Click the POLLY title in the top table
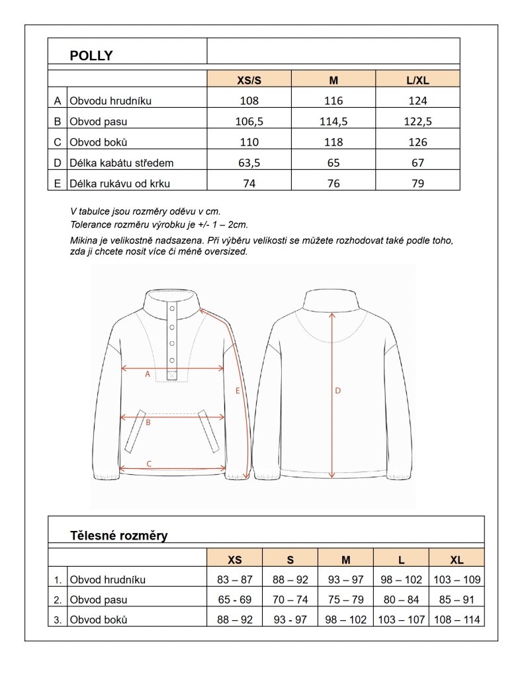coord(91,56)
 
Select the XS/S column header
coord(249,81)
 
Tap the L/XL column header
coord(418,81)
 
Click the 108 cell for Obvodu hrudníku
coord(249,101)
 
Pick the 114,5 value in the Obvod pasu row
coord(333,122)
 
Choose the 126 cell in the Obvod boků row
coord(418,142)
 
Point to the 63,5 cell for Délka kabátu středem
coord(249,163)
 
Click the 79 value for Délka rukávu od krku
coord(418,183)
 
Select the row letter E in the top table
coord(58,183)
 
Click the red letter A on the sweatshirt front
coord(148,374)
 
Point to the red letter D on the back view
coord(337,391)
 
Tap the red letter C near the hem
coord(149,464)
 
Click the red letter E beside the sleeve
coord(237,391)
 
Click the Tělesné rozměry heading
coord(119,536)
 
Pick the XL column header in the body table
coord(457,560)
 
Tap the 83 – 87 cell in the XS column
coord(235,580)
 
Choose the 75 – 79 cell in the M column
coord(346,600)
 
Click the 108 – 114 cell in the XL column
coord(457,620)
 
